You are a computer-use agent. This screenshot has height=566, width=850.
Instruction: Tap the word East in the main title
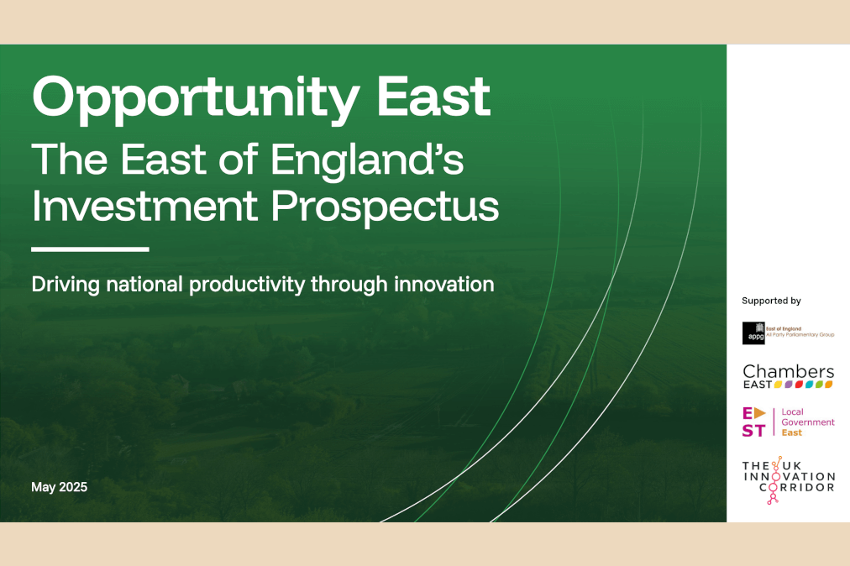click(x=433, y=97)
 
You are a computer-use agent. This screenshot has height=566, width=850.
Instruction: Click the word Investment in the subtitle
click(x=144, y=206)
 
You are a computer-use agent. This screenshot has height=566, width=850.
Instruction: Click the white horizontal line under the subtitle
click(x=90, y=249)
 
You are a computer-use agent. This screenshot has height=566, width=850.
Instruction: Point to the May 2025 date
click(x=59, y=487)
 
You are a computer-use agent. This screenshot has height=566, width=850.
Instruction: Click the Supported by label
click(x=771, y=301)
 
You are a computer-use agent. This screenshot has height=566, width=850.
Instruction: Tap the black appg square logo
click(x=753, y=333)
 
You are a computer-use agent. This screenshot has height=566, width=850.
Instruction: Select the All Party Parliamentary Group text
click(x=800, y=335)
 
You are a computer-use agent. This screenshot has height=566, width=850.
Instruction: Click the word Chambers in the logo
click(x=788, y=371)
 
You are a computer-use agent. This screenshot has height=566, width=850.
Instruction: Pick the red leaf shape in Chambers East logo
click(x=799, y=385)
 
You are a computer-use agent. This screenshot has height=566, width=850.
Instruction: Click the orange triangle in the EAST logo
click(x=760, y=413)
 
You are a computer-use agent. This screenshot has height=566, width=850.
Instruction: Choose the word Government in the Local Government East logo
click(x=808, y=422)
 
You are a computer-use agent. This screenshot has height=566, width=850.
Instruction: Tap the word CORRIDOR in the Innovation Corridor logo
click(x=797, y=487)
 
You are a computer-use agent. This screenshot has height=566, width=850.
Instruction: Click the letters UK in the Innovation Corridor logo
click(x=791, y=466)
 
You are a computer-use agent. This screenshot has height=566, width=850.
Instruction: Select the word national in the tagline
click(x=144, y=284)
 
